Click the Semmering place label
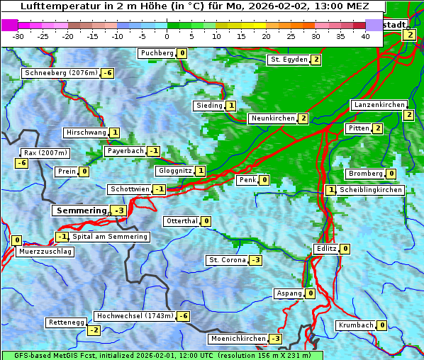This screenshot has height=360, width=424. (81, 210)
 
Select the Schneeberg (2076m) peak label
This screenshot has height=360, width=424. (60, 73)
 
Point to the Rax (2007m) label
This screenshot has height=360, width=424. (45, 152)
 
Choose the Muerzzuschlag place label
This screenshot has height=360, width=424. (45, 252)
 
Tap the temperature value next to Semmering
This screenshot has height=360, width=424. (119, 210)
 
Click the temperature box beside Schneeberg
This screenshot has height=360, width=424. (108, 73)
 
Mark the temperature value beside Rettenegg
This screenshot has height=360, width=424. (94, 330)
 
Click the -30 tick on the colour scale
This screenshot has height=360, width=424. (18, 36)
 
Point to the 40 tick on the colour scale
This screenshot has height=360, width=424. (365, 36)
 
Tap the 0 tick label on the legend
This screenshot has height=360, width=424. (167, 36)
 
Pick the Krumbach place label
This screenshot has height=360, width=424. (355, 325)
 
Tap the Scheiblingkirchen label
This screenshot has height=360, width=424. (371, 190)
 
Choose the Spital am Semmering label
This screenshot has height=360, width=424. (110, 237)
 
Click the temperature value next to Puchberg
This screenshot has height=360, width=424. (182, 53)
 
